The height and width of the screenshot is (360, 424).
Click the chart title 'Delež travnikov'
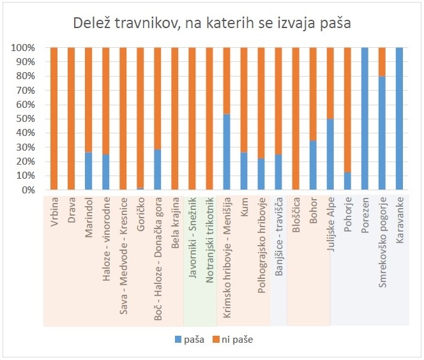212,24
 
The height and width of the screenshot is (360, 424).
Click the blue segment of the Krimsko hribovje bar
227,152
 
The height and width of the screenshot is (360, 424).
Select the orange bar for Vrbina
54,119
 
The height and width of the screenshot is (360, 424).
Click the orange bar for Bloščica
296,119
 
